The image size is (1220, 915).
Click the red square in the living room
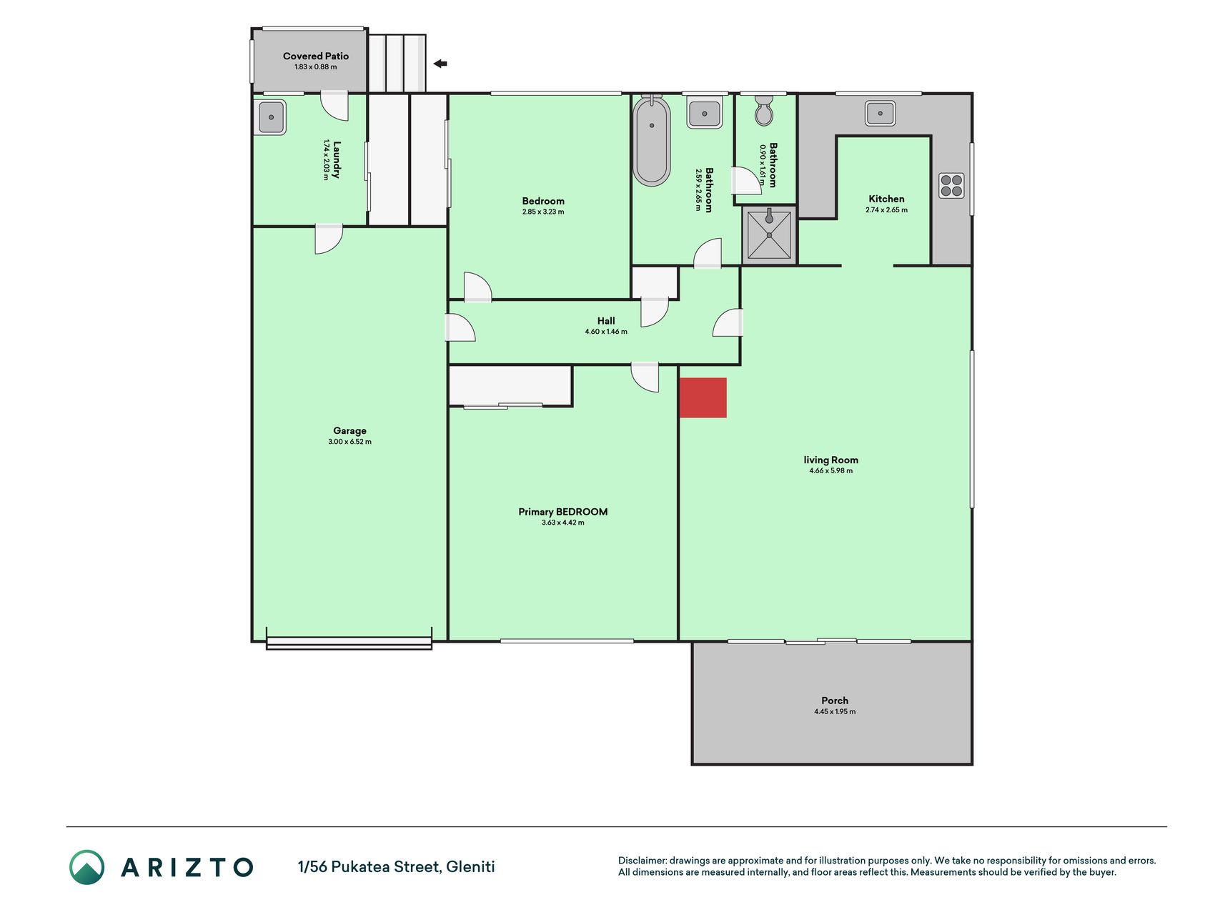(703, 397)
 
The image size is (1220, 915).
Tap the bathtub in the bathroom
(651, 141)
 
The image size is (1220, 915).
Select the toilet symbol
(764, 110)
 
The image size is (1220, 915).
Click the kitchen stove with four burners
(951, 186)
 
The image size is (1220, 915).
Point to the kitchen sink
(880, 113)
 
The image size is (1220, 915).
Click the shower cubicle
(769, 234)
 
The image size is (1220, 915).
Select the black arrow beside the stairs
(440, 64)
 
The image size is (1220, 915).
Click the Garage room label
(349, 430)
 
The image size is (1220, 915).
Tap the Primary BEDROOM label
(563, 512)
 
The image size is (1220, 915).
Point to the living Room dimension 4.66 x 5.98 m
(830, 470)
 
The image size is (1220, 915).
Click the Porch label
(835, 701)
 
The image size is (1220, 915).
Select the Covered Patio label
(316, 56)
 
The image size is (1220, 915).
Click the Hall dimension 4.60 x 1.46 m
(606, 332)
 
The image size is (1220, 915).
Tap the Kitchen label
(886, 199)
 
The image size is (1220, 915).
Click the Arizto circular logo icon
(87, 867)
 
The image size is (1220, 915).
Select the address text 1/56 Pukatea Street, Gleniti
(396, 867)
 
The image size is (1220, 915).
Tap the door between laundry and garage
(329, 239)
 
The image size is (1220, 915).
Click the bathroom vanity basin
(705, 113)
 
